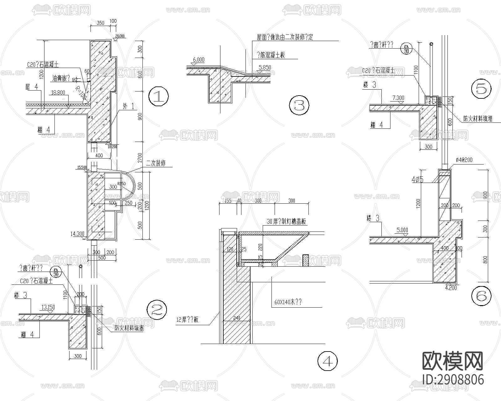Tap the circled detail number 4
(x=328, y=361)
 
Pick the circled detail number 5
(x=481, y=89)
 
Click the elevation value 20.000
(x=120, y=36)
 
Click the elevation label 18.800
(x=59, y=92)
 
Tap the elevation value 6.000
(x=199, y=60)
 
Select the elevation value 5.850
(x=265, y=67)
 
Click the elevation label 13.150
(x=48, y=307)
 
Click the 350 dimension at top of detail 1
(x=100, y=23)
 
